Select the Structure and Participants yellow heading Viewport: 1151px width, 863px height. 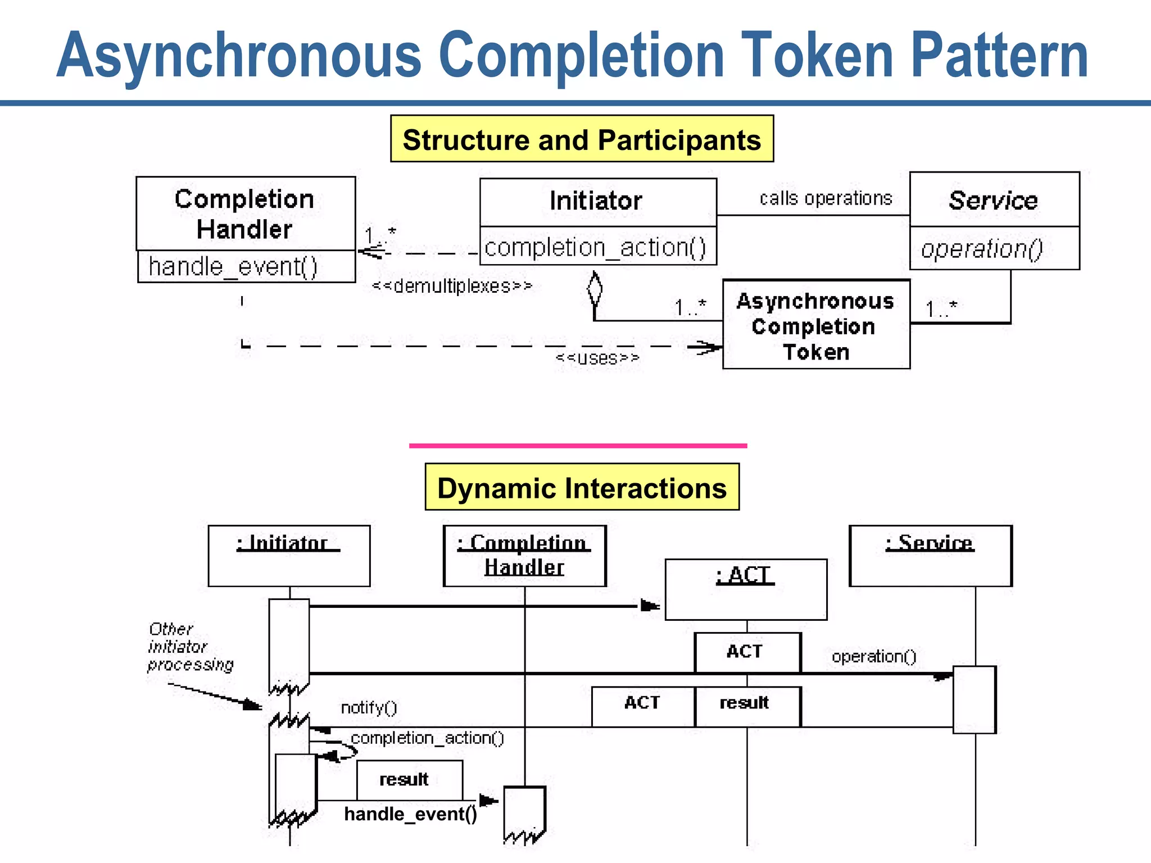582,139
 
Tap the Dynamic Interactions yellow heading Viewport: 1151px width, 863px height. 582,487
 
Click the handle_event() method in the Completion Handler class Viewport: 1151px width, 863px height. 233,266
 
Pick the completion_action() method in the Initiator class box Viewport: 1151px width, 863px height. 596,247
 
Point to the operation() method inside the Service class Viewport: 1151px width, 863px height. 982,248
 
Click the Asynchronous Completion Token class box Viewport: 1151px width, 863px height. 815,326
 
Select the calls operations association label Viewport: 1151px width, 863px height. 826,198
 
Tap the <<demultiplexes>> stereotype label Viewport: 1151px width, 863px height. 452,286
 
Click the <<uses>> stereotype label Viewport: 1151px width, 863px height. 597,358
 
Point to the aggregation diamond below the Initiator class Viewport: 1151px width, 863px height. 595,289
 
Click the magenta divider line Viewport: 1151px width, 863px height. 578,446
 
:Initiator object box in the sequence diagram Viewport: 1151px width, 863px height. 289,556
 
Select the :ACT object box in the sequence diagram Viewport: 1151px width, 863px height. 746,589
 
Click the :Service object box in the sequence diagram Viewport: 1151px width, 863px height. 931,556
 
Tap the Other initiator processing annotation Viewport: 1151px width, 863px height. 190,647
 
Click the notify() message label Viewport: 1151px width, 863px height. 369,707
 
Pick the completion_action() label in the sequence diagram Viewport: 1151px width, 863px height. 427,738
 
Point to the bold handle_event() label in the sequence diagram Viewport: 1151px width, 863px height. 410,814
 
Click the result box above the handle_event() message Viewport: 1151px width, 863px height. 409,780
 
